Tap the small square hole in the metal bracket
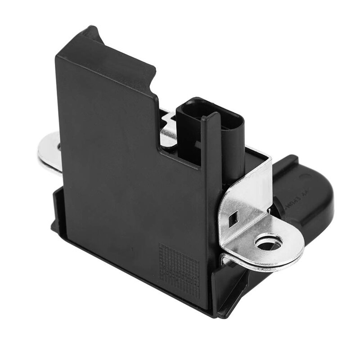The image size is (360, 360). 234,220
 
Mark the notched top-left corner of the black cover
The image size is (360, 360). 90,34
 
